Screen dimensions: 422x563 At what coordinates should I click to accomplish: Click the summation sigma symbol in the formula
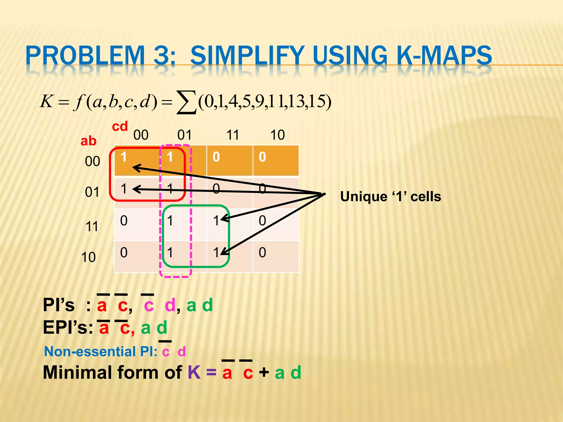(x=187, y=102)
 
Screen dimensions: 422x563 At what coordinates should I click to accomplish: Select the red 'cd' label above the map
(x=120, y=126)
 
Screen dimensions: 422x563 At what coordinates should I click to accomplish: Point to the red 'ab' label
(x=88, y=141)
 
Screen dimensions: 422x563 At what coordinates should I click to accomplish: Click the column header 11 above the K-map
(x=233, y=135)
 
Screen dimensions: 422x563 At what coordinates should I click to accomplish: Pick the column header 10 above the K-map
(x=277, y=135)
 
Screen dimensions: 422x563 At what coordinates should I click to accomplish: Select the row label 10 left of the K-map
(x=89, y=257)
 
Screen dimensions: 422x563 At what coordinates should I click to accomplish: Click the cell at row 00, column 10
(x=276, y=160)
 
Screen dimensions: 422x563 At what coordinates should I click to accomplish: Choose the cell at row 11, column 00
(x=137, y=224)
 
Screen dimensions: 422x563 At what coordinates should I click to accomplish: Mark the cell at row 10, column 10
(x=276, y=256)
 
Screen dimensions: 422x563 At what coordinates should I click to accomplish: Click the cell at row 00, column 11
(x=230, y=160)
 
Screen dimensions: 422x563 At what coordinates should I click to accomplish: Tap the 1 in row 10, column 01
(x=170, y=252)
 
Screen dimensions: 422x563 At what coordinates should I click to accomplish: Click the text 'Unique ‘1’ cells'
(x=391, y=197)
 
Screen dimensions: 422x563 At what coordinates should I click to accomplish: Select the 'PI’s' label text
(x=59, y=305)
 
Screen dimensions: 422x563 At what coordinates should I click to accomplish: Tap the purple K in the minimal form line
(x=194, y=373)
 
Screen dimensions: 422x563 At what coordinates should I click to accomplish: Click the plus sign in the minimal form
(x=264, y=373)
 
